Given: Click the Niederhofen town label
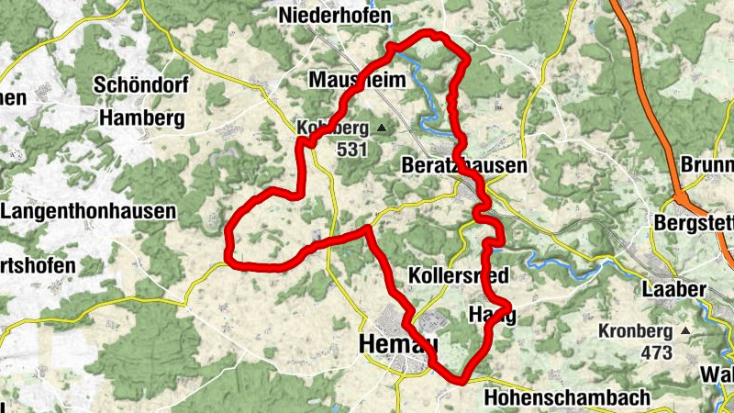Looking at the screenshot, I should pos(336,17).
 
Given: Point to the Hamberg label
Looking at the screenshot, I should pos(142,117).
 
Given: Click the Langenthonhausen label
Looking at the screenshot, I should pos(89,211).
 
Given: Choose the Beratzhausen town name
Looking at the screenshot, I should pos(464,166).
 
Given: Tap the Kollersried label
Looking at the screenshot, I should pos(457,275).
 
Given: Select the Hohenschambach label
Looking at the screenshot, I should pos(566,398).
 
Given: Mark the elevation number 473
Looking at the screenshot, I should pos(655,352).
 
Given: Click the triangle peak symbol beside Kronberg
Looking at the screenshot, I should pos(684,329).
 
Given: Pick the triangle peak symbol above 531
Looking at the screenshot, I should pos(382,127).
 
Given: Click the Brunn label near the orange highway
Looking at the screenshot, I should pos(707,166).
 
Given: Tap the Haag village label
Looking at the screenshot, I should pos(492,314).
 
